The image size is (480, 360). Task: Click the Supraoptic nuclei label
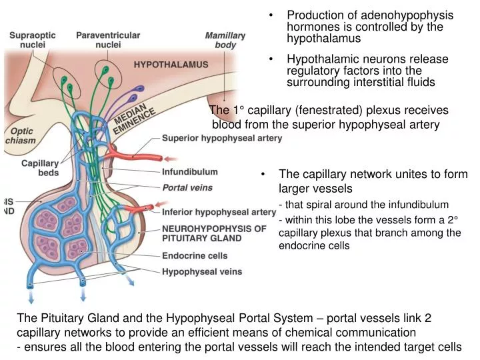point(31,39)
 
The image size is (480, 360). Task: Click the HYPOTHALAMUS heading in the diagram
point(171,65)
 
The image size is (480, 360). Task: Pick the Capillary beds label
point(40,168)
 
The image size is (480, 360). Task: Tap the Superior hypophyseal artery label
point(222,139)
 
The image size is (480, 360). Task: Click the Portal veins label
point(187,188)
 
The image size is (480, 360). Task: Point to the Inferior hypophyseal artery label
point(219,213)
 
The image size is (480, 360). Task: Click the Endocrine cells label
point(195,255)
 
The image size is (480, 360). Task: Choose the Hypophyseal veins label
point(202,271)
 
